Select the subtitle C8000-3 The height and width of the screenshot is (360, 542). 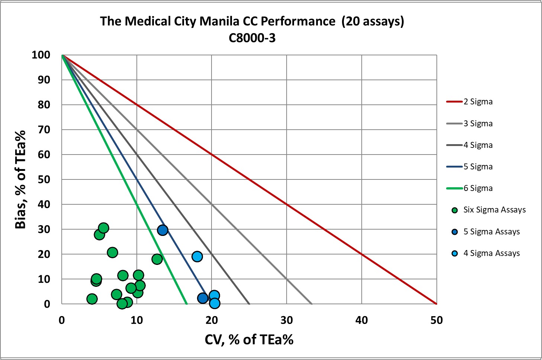[252, 38]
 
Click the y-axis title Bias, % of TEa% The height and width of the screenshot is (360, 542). [21, 179]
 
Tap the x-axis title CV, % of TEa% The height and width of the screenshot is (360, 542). [249, 339]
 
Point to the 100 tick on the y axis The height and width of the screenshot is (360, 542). [41, 55]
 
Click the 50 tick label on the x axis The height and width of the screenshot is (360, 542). [436, 320]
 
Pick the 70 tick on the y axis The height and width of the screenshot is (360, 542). [44, 130]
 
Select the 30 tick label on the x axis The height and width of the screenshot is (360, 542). [286, 320]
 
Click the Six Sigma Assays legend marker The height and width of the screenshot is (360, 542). [454, 210]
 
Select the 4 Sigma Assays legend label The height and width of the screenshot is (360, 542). [491, 253]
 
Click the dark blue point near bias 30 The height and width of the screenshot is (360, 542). [162, 230]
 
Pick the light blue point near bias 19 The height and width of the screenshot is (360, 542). [197, 257]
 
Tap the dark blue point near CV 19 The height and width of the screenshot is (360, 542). [203, 298]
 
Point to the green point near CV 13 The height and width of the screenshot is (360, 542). [157, 259]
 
